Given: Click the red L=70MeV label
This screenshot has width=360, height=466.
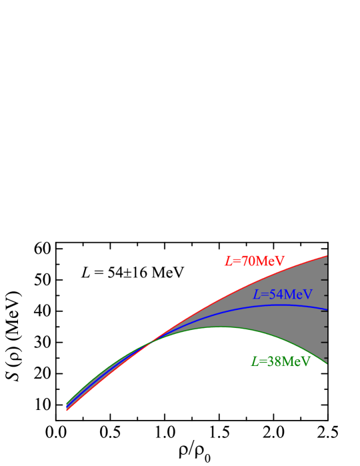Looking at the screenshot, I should [x=255, y=261].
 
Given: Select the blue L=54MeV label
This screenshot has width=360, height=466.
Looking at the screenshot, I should [x=283, y=295].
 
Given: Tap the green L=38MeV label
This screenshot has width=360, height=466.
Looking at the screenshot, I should [x=281, y=362].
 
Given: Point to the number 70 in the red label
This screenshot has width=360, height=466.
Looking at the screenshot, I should [x=248, y=261].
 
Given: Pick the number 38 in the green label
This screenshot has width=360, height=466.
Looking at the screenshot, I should [x=274, y=362].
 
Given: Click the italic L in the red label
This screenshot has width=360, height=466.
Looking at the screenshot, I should [x=228, y=261].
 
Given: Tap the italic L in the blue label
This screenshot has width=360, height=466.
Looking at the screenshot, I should [x=256, y=295].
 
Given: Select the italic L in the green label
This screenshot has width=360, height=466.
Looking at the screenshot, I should [x=254, y=362].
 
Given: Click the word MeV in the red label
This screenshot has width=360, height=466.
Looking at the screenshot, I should [x=271, y=261].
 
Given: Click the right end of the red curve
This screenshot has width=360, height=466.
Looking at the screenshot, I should [x=327, y=256].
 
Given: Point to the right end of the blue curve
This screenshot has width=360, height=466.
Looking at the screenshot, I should [x=327, y=310].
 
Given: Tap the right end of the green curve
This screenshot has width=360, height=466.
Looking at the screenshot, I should [x=327, y=363].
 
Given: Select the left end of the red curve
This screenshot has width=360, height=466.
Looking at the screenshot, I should [x=67, y=411].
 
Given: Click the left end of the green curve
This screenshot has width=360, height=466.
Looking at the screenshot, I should [x=67, y=403].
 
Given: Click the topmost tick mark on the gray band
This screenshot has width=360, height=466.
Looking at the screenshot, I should [x=325, y=264].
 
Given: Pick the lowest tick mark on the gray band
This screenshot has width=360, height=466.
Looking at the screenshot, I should [x=325, y=357].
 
